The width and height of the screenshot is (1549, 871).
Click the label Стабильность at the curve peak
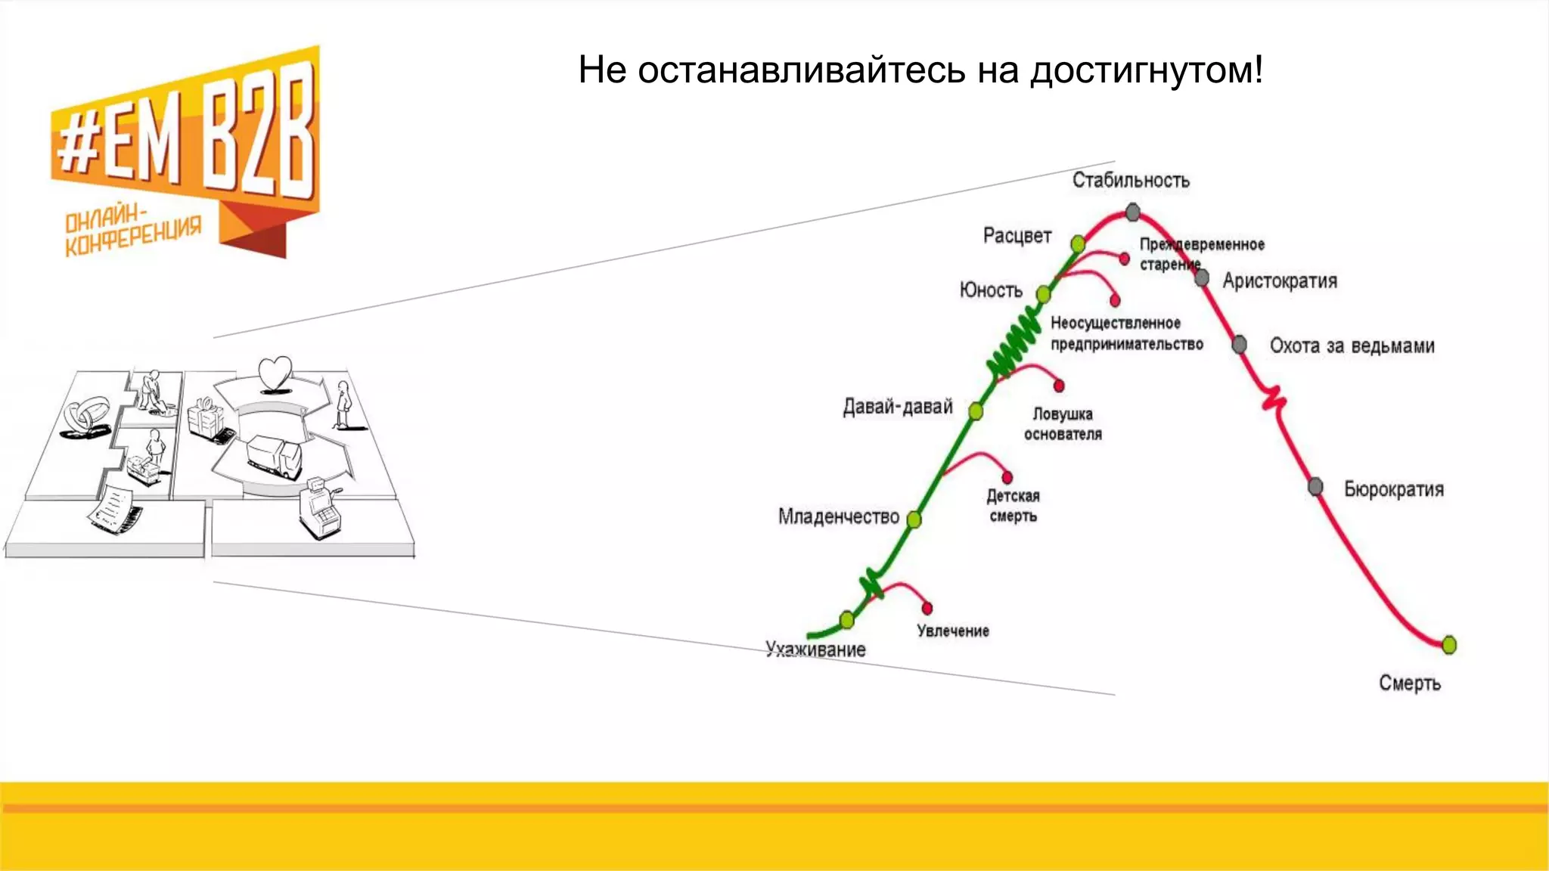click(x=1130, y=180)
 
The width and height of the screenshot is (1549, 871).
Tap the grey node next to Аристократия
click(x=1202, y=278)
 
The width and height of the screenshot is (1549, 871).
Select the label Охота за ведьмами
click(x=1352, y=346)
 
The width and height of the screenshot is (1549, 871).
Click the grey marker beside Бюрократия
click(x=1316, y=486)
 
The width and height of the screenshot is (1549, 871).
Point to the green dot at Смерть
click(x=1448, y=645)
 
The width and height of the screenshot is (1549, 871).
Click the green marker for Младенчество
click(x=914, y=519)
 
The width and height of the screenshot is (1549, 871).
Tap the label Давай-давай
click(x=898, y=407)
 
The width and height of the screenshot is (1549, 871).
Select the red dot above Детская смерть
click(x=1007, y=477)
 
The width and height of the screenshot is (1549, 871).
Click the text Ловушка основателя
click(x=1063, y=424)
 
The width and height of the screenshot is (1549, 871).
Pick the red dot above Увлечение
click(x=927, y=608)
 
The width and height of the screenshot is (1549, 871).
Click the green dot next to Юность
click(x=1044, y=294)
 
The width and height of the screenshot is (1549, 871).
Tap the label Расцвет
click(x=1017, y=236)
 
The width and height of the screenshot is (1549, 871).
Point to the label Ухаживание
click(x=815, y=649)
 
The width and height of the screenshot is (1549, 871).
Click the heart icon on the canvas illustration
click(x=275, y=374)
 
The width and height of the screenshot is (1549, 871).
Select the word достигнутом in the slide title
click(x=1146, y=70)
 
